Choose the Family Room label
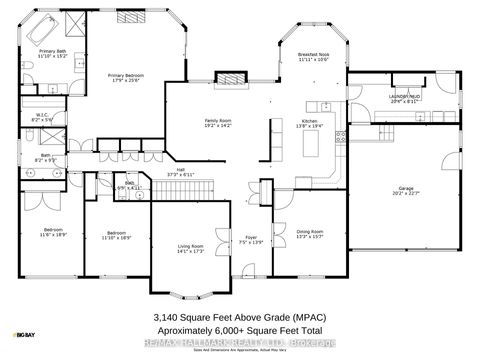click(x=217, y=123)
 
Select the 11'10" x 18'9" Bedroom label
click(x=116, y=236)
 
